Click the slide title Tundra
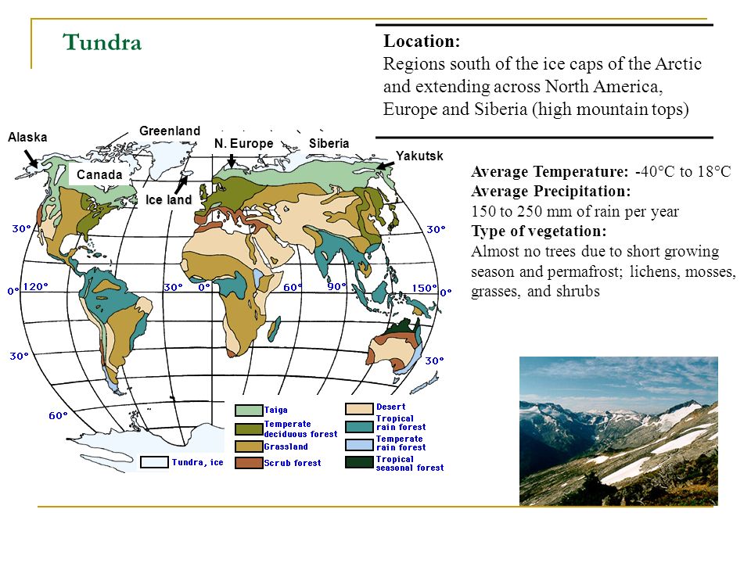click(x=102, y=42)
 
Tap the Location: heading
click(x=422, y=41)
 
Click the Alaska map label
click(x=27, y=138)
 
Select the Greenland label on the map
click(x=170, y=131)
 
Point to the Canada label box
click(x=99, y=174)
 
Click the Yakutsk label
click(x=419, y=156)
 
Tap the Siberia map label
click(x=329, y=143)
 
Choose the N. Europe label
click(x=243, y=143)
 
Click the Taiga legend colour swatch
click(x=249, y=411)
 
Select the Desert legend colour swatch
click(x=359, y=408)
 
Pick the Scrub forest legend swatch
click(x=249, y=463)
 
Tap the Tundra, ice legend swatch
click(x=154, y=462)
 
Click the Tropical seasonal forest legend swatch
click(x=359, y=462)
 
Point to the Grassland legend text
click(x=286, y=446)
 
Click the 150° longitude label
click(x=424, y=289)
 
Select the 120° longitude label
click(x=35, y=286)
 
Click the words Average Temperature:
click(x=549, y=171)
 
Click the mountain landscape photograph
click(x=618, y=431)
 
